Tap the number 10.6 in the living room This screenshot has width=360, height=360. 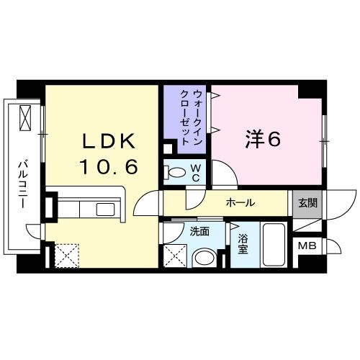coord(107,166)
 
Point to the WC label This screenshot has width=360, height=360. coord(194,173)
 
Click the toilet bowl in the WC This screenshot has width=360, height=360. coord(173,173)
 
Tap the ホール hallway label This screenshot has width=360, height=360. coord(240,203)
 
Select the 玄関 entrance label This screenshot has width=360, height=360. coord(307,203)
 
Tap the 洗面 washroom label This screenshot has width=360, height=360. coord(199,231)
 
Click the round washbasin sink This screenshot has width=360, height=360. coord(204,257)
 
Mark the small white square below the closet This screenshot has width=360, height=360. coord(168,149)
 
